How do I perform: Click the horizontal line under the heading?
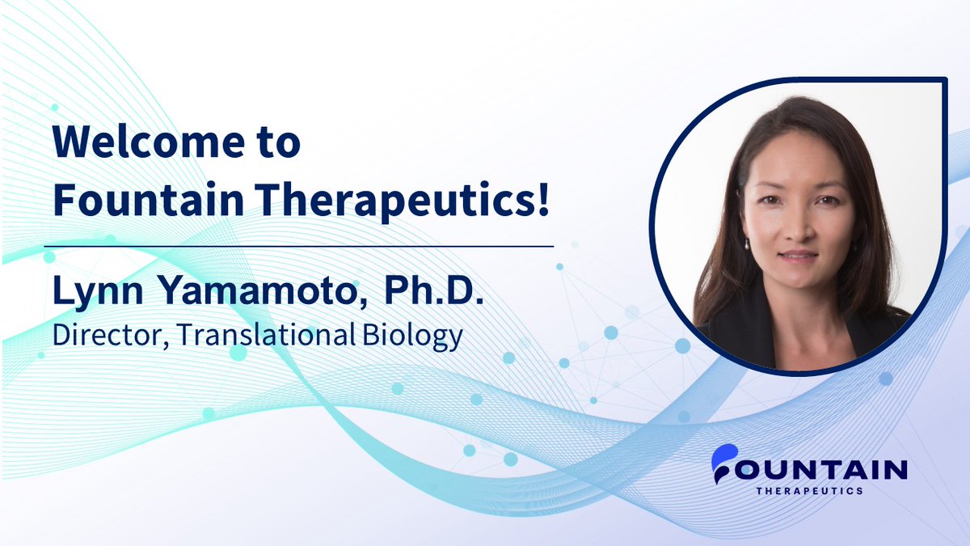[298, 244]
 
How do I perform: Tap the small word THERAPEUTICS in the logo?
[808, 490]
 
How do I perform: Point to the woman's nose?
[795, 229]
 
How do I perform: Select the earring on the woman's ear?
[747, 242]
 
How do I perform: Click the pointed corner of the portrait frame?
[944, 80]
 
